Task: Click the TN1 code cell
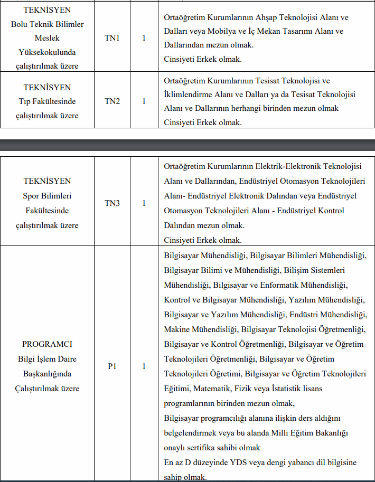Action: [x=112, y=39]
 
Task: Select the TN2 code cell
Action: [x=112, y=101]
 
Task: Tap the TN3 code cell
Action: [x=112, y=203]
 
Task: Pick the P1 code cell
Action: [x=112, y=366]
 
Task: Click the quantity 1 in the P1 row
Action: [x=144, y=366]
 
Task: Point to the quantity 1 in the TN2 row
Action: [x=144, y=101]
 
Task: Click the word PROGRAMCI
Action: [x=47, y=344]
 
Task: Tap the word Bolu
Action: [x=21, y=24]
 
